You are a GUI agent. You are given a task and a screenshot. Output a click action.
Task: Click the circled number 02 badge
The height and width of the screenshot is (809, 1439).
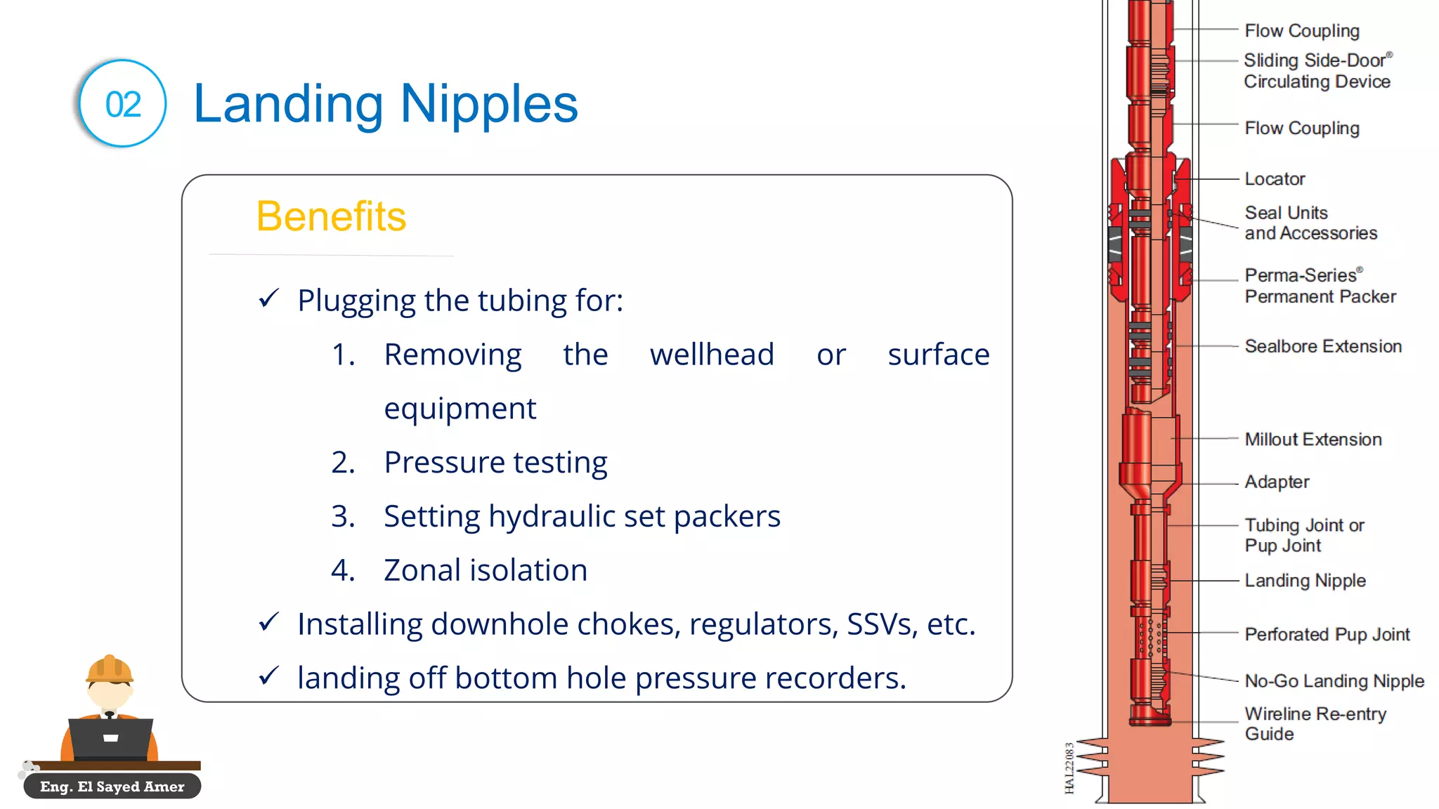coord(123,104)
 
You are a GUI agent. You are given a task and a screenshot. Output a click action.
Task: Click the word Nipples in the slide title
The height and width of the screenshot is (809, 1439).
coord(488,104)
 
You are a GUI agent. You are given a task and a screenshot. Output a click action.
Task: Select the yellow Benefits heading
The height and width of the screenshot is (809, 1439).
coord(331,216)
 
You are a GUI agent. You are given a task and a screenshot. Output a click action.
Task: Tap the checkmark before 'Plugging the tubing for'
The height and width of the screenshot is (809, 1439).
coord(269,299)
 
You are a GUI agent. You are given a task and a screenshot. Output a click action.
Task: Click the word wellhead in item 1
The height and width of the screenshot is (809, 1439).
coord(712,355)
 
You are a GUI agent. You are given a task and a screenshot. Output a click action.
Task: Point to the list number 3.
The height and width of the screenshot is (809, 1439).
coord(343,516)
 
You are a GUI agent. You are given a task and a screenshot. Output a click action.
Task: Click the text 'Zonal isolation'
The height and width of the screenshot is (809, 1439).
coord(485,570)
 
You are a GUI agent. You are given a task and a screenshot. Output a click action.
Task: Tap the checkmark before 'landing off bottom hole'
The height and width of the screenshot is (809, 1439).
coord(269,676)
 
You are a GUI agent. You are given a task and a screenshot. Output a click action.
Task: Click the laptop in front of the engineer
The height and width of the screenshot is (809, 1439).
coord(111,738)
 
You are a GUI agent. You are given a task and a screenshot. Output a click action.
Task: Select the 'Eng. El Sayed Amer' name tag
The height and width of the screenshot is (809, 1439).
coord(112,787)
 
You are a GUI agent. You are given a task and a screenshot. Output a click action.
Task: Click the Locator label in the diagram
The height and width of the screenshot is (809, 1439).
coord(1275,179)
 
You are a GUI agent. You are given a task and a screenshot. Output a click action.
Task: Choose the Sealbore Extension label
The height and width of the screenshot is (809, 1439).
coord(1322,346)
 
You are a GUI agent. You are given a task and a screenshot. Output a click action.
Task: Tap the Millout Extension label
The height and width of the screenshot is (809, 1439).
coord(1313,440)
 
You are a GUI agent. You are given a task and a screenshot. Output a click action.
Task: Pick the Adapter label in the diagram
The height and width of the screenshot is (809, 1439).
coord(1277,482)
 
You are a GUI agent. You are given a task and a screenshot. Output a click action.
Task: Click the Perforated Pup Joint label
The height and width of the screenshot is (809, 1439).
coord(1327,635)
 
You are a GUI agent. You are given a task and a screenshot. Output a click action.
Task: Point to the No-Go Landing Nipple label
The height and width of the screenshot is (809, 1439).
coord(1334,681)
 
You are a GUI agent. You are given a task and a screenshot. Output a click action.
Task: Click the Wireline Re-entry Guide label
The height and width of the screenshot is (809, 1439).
coord(1315,723)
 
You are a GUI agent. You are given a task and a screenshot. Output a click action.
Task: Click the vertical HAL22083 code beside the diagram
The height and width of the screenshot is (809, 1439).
coord(1069,768)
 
